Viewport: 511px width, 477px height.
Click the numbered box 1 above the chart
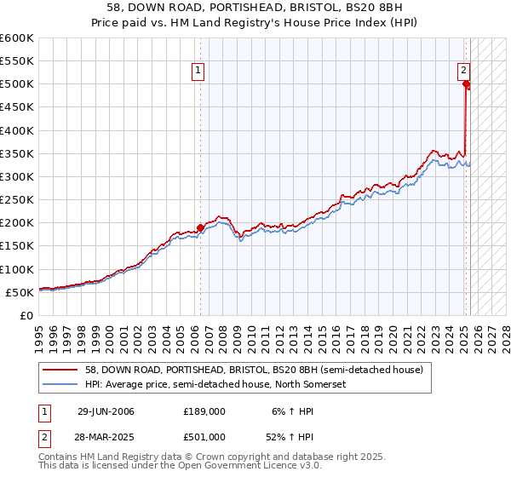coord(198,72)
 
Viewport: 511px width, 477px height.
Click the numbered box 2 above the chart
coord(463,72)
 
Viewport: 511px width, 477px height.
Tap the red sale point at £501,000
coord(466,83)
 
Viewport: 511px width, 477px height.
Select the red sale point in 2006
coord(201,227)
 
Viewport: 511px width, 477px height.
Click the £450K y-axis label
coord(19,107)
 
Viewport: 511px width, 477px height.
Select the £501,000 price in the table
coord(204,436)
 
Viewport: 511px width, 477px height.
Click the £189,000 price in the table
coord(204,411)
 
